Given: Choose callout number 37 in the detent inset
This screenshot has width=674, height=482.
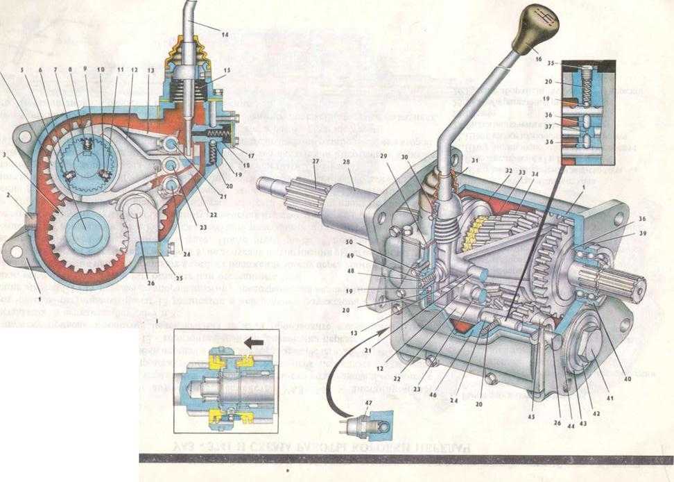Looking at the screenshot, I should coord(548,126).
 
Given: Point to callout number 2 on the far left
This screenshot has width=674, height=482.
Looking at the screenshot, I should coord(9,197).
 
